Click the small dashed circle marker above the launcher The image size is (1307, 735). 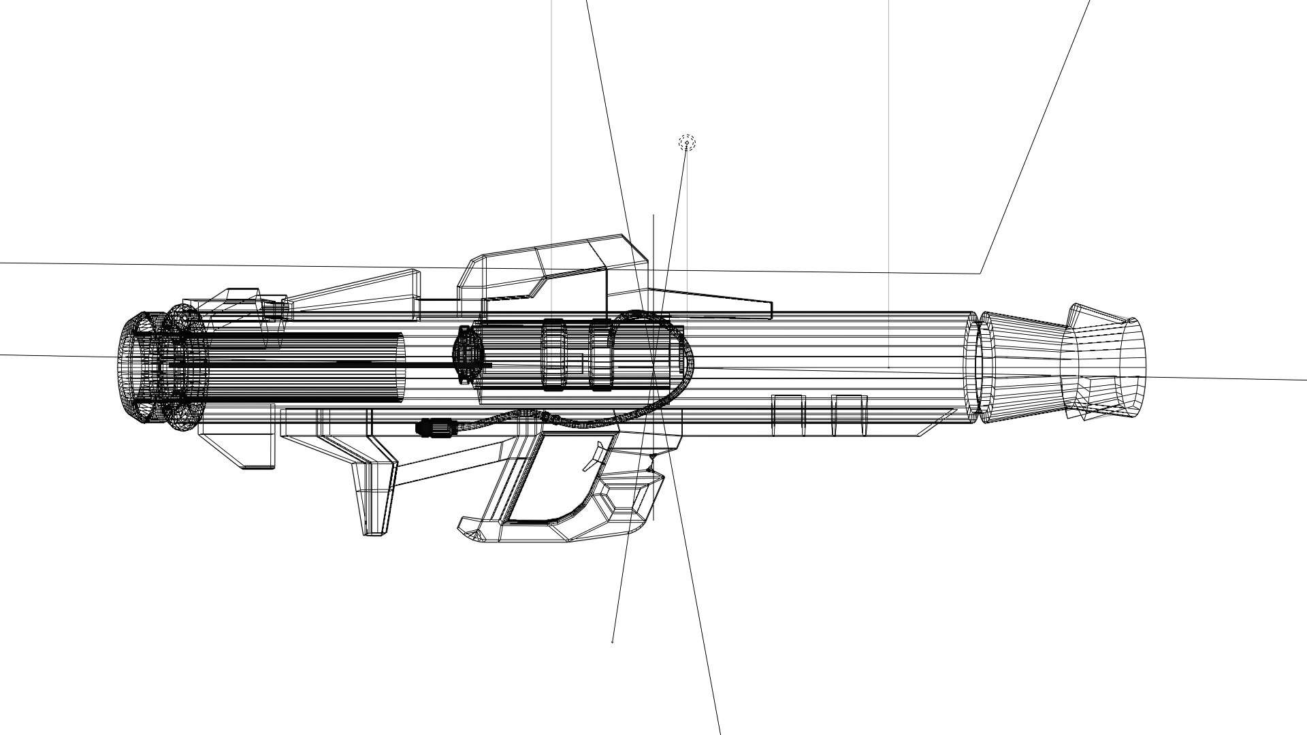[x=687, y=142]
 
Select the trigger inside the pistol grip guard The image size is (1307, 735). [x=594, y=456]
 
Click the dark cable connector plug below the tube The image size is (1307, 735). [x=436, y=429]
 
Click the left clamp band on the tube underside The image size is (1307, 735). [x=788, y=414]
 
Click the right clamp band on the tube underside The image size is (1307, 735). [x=850, y=414]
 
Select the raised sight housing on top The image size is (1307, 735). [x=551, y=269]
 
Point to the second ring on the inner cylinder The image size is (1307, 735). [x=600, y=355]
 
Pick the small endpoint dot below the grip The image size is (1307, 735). [x=613, y=641]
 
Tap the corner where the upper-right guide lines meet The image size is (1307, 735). [x=980, y=273]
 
